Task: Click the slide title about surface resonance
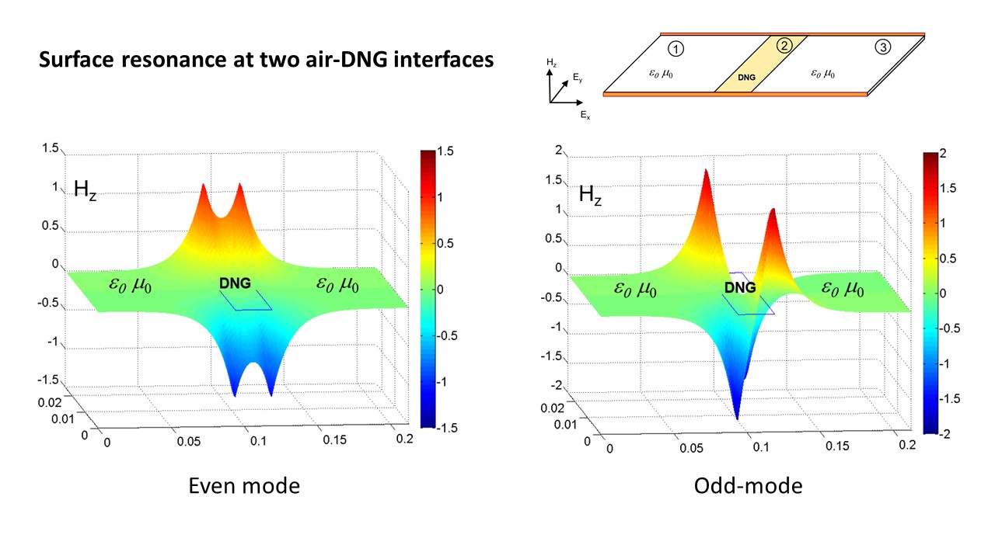[267, 59]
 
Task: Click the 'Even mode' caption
[244, 486]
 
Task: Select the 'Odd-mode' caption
[748, 486]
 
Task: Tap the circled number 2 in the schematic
[784, 45]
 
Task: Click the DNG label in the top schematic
[747, 78]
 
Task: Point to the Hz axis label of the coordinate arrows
[551, 61]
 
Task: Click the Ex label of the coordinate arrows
[585, 114]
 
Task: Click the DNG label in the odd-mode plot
[739, 287]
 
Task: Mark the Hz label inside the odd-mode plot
[591, 193]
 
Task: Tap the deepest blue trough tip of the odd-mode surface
[736, 417]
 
